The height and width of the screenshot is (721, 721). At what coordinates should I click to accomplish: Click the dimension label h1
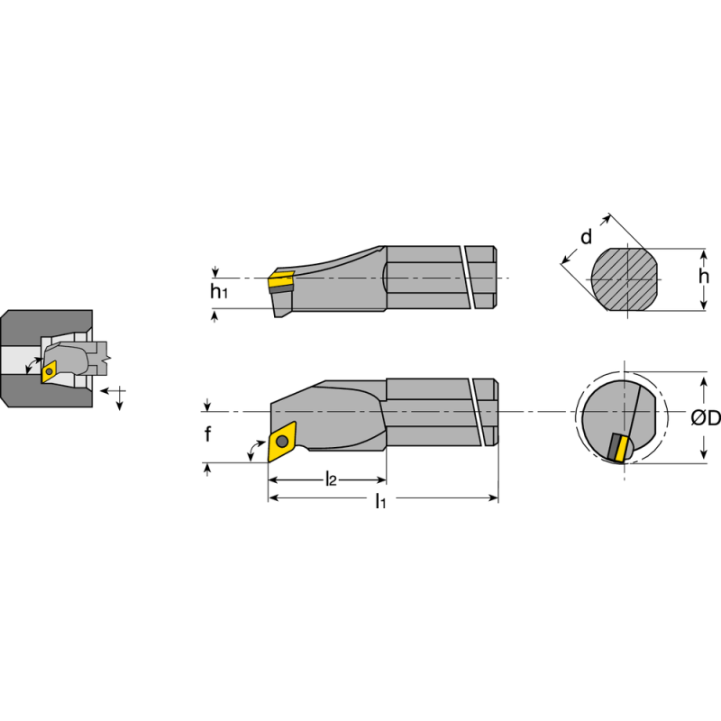(x=217, y=291)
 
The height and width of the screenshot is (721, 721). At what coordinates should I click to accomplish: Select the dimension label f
(x=207, y=435)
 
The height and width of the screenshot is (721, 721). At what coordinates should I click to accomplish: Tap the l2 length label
(x=330, y=479)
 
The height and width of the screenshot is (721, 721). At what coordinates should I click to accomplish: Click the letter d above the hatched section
(x=586, y=238)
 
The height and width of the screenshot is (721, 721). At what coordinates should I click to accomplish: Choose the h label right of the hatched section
(x=704, y=277)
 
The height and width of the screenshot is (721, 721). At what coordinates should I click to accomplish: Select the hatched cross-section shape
(x=623, y=278)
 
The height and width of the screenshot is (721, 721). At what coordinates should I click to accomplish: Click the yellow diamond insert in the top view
(x=282, y=441)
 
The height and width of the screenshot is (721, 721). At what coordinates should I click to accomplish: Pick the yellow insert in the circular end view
(x=619, y=447)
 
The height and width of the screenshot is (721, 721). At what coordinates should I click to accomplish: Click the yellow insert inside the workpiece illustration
(x=49, y=370)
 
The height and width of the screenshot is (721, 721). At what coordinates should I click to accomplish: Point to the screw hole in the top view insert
(x=282, y=441)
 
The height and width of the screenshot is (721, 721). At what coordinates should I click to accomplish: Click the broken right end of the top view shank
(x=485, y=411)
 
